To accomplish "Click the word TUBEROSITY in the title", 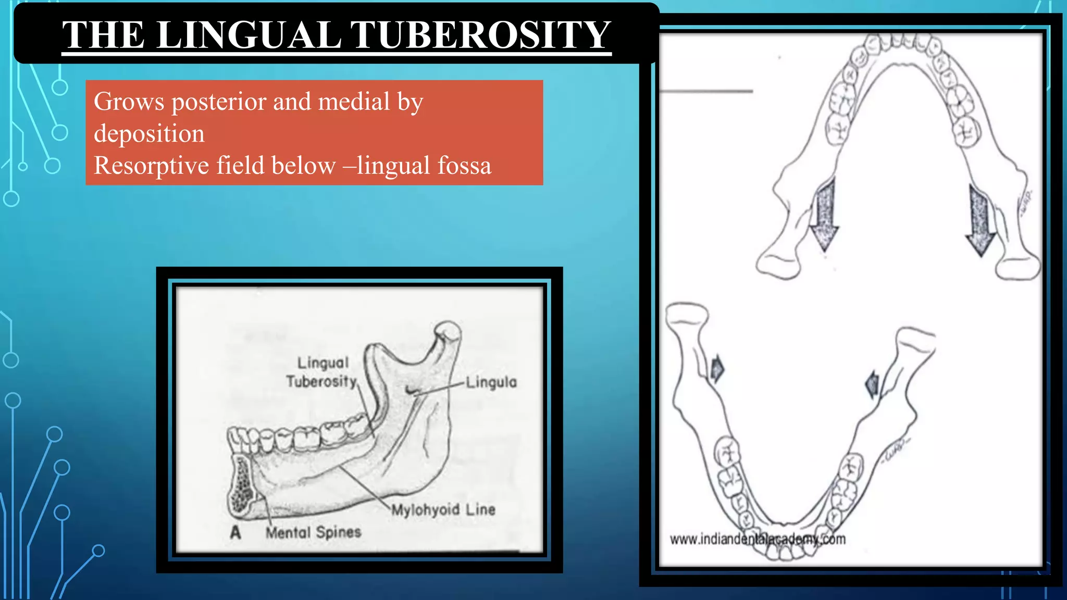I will tap(480, 35).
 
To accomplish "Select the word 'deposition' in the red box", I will tap(149, 134).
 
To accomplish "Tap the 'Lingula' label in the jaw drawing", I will tap(491, 382).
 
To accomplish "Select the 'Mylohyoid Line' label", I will tap(443, 509).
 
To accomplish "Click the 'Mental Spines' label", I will tap(313, 532).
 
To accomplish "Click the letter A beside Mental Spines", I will tap(235, 532).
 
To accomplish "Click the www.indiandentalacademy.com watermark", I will tap(758, 539).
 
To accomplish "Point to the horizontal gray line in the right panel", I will tap(706, 91).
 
